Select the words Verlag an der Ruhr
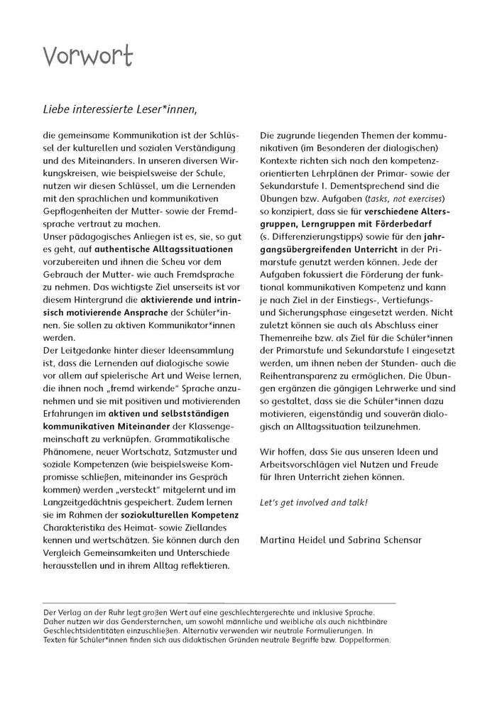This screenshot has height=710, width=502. (x=82, y=611)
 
